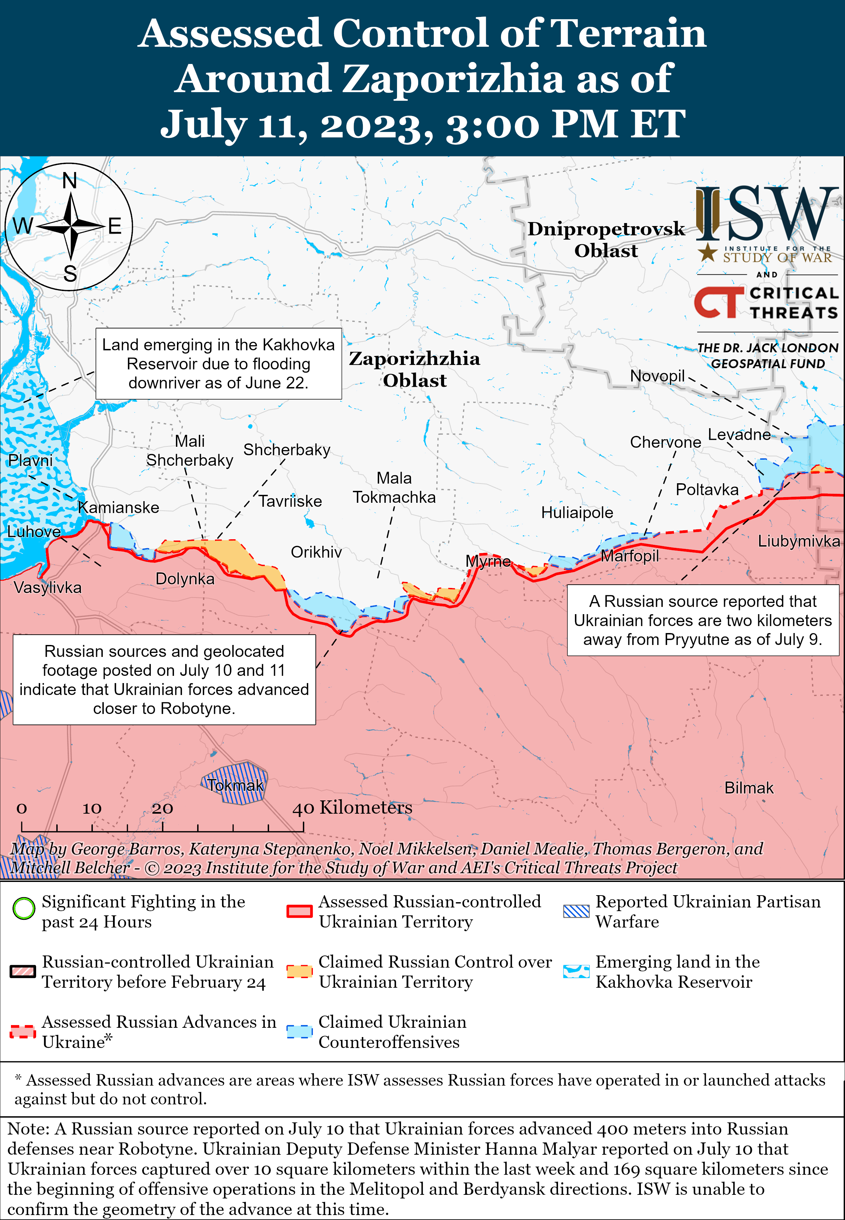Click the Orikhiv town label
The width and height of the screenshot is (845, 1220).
coord(316,552)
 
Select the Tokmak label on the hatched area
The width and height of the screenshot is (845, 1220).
coord(235,785)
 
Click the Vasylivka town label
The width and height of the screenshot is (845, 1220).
coord(48,588)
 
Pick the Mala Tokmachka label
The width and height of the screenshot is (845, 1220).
coord(394,488)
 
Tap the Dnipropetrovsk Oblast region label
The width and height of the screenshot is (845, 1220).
coord(606,239)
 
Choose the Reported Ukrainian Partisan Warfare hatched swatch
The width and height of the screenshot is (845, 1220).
coord(576,911)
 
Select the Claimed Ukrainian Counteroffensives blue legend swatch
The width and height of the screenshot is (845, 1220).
coord(300,1031)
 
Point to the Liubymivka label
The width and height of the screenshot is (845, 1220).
coord(798,541)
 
